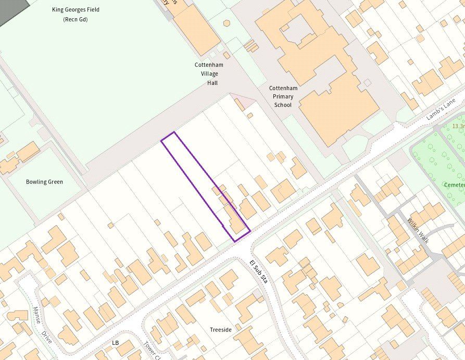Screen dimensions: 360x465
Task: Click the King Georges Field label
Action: click(x=76, y=10)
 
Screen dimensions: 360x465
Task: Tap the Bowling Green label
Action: click(x=44, y=182)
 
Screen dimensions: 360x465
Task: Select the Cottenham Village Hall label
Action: click(x=206, y=73)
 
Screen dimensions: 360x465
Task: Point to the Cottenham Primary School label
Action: click(x=282, y=96)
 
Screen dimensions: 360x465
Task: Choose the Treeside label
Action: click(x=221, y=330)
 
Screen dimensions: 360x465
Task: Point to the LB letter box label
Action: click(x=116, y=343)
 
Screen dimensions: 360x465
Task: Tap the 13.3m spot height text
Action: click(x=458, y=126)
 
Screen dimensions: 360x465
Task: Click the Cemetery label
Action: click(x=454, y=185)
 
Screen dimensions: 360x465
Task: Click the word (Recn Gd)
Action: click(x=76, y=19)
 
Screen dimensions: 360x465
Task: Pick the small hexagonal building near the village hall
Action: click(x=227, y=23)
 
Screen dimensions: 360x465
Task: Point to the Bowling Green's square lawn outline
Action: click(x=44, y=182)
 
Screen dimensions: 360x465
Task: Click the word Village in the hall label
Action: click(x=206, y=73)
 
